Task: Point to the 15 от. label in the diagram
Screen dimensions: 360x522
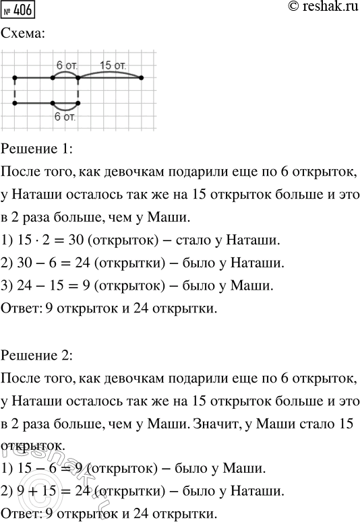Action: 112,65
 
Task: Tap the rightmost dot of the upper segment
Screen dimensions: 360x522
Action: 141,78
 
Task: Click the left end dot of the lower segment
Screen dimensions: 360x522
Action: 14,103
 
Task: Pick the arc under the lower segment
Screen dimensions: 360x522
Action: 65,108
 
